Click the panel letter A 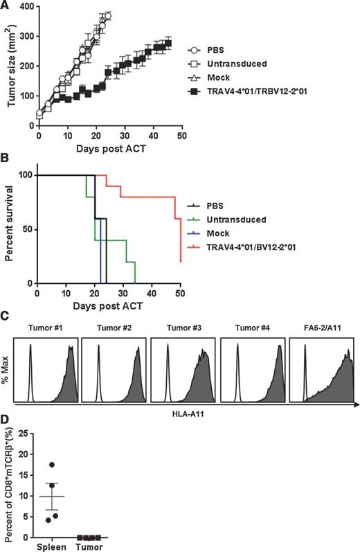tap(6, 6)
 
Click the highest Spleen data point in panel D tap(52, 464)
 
